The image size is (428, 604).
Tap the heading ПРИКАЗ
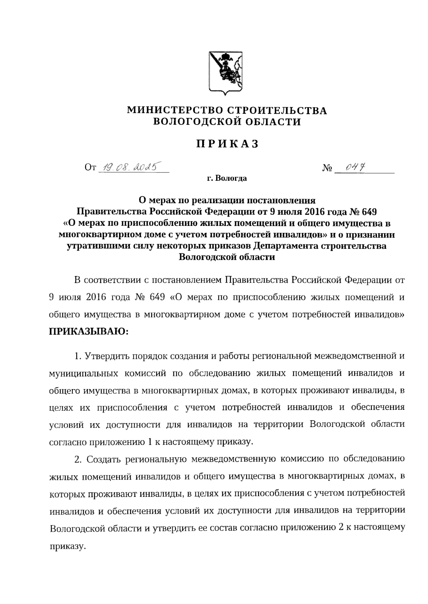point(227,144)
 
